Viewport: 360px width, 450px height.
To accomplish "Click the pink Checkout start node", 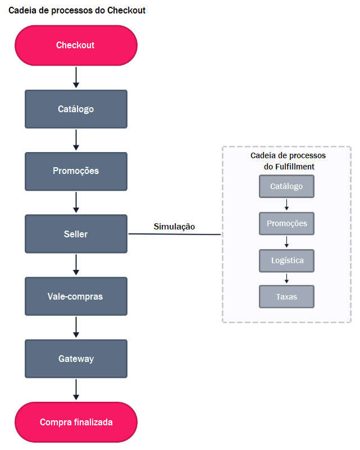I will coord(76,45).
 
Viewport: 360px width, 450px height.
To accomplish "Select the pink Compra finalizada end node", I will coord(76,422).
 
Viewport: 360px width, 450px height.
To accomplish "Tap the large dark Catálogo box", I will coord(76,109).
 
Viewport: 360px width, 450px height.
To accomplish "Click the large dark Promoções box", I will coord(76,171).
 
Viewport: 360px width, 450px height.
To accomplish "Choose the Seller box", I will coord(76,233).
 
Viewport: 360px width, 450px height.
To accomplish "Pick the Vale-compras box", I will coord(76,296).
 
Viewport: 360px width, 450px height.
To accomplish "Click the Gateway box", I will coord(76,359).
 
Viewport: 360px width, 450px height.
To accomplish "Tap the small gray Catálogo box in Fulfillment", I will coord(286,186).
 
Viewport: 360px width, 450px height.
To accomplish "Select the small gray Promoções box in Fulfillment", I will coord(286,223).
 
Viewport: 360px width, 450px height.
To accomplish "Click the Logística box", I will coord(286,260).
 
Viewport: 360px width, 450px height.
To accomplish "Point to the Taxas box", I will coord(286,297).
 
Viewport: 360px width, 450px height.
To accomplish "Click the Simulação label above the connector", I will coord(174,226).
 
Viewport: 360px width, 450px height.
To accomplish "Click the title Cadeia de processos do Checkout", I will coord(77,10).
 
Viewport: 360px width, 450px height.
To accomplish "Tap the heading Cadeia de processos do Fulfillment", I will coord(288,161).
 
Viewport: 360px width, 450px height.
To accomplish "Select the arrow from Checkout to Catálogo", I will coord(76,77).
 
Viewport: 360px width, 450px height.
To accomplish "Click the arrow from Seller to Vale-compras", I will coord(76,265).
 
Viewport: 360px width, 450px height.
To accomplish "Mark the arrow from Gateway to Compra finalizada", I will coord(76,390).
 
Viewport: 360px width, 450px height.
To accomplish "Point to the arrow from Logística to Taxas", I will coord(286,278).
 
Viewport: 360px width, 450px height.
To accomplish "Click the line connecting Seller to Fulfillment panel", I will coord(174,234).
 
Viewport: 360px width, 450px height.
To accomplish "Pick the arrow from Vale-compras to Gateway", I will coord(76,327).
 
